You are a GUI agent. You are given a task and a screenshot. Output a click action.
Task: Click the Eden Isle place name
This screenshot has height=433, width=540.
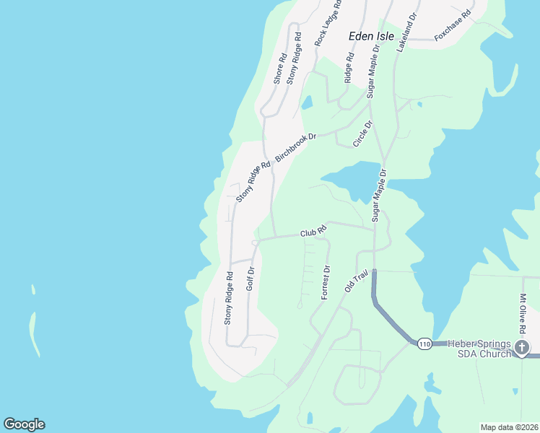click(x=371, y=35)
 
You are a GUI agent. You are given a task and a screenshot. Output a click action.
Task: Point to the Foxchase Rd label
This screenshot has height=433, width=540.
click(x=453, y=25)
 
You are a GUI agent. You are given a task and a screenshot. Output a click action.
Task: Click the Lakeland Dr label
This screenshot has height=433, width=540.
click(x=407, y=32)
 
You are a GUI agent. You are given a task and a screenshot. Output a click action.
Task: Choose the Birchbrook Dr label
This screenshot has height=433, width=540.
click(x=295, y=146)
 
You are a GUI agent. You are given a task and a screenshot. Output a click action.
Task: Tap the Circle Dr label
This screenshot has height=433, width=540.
click(x=362, y=134)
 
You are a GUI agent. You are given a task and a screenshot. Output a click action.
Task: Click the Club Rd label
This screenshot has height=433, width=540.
click(x=313, y=232)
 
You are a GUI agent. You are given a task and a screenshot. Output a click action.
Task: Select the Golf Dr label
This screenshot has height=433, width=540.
click(x=251, y=279)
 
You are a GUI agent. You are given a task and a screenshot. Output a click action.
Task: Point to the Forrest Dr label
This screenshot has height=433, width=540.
click(x=326, y=283)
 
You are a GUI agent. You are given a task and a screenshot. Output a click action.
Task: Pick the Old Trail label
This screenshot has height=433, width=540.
click(x=357, y=280)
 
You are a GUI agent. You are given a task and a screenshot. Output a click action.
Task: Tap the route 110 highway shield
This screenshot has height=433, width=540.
click(x=424, y=344)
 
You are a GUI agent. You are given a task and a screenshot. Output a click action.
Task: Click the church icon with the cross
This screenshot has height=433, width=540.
click(x=523, y=349)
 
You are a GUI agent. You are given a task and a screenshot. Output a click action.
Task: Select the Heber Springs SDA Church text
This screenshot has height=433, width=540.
click(x=479, y=348)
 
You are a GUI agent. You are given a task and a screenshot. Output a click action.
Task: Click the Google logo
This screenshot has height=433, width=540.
click(x=24, y=424)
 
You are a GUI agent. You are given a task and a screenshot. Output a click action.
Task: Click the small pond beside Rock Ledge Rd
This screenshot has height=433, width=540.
click(x=307, y=102)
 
